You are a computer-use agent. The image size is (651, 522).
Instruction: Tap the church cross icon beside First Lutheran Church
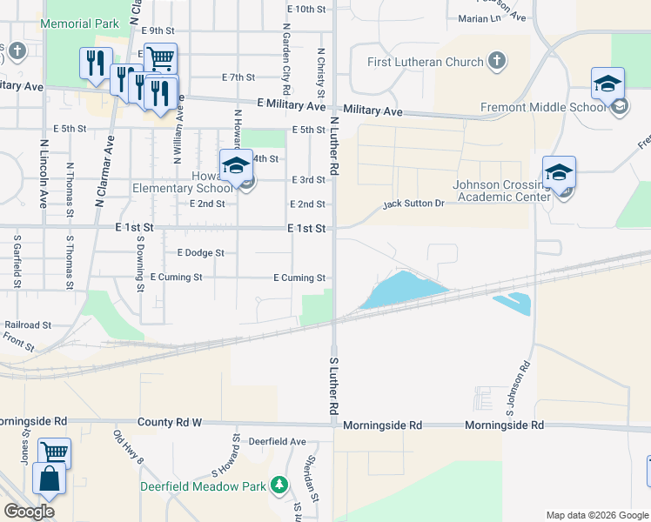click(496, 62)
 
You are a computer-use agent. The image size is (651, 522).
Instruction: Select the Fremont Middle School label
click(543, 108)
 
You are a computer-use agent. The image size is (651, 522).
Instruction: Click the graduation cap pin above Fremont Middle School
click(607, 84)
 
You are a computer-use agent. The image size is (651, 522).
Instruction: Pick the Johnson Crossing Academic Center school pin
click(559, 171)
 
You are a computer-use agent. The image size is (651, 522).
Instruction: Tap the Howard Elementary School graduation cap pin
click(236, 165)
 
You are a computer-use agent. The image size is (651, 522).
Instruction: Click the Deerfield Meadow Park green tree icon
click(279, 485)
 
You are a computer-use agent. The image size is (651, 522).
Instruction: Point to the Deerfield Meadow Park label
click(204, 485)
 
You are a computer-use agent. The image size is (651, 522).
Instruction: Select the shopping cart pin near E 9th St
click(160, 59)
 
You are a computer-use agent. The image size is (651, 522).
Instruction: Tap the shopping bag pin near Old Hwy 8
click(49, 479)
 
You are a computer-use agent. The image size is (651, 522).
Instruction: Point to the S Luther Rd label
click(333, 384)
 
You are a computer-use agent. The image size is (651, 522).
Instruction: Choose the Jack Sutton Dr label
click(415, 204)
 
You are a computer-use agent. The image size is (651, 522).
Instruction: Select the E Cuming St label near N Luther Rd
click(299, 278)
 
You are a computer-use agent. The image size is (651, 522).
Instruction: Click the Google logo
click(29, 512)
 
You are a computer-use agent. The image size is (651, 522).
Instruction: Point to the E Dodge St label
click(200, 253)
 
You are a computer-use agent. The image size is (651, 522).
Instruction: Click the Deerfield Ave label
click(269, 442)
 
